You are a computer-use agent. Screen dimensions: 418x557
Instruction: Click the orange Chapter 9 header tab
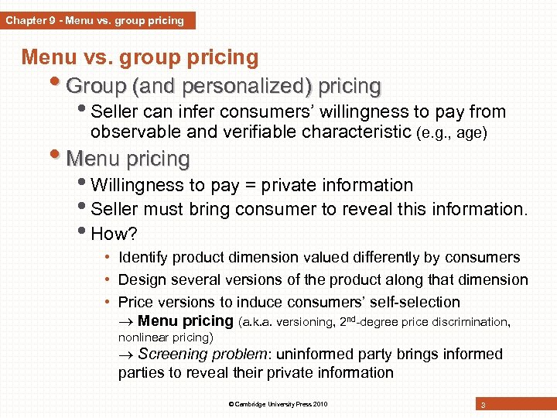click(x=96, y=20)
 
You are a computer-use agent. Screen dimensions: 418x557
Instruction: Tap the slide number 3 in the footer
click(x=483, y=405)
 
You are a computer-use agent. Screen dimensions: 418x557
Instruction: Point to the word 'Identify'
click(x=144, y=258)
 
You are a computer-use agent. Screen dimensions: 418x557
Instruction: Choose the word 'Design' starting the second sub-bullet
click(x=142, y=279)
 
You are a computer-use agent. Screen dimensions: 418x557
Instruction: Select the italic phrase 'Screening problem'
click(x=200, y=355)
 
